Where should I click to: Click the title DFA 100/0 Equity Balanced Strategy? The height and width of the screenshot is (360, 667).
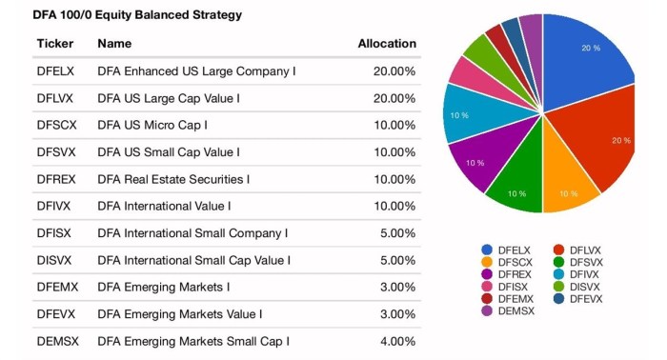tap(124, 14)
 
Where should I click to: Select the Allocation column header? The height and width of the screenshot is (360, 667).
tap(386, 44)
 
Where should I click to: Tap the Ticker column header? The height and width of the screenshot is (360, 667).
tap(54, 44)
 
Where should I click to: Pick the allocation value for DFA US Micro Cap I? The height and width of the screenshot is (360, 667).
tap(392, 125)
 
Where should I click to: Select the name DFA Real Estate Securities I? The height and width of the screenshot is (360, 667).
tap(173, 179)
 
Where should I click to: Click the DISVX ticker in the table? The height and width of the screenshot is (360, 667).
tap(55, 260)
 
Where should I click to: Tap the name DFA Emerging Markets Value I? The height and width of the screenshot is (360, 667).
tap(180, 313)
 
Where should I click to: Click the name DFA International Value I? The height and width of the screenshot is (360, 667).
tap(164, 206)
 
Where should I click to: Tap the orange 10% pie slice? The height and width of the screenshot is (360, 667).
tap(568, 186)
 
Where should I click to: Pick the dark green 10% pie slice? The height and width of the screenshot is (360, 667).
tap(515, 189)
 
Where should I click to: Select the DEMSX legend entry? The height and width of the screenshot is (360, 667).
tap(510, 311)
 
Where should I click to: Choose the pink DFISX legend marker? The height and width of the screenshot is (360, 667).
tap(487, 287)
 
